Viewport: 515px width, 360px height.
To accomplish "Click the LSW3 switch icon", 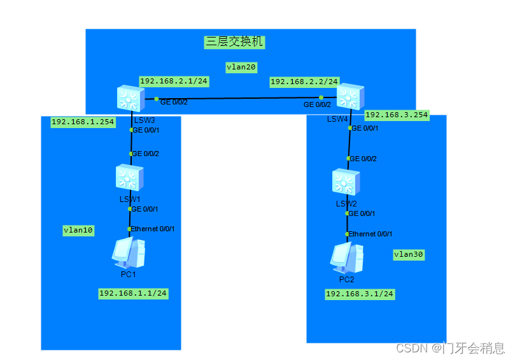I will pos(131,99).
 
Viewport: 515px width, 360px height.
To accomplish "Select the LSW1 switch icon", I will pos(130,177).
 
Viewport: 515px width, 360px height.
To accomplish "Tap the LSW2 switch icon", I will pos(346,182).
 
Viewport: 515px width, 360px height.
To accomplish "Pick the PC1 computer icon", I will pos(129,253).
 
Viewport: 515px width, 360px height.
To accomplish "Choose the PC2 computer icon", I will pos(346,257).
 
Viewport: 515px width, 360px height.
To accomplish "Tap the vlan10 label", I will pos(78,231).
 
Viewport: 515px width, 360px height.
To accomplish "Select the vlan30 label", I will pos(409,254).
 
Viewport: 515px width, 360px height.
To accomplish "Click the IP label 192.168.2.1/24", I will pos(174,81).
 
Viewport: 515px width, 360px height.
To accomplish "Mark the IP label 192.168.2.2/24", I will pos(304,82).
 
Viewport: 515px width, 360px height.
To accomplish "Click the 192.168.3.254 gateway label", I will pos(397,115).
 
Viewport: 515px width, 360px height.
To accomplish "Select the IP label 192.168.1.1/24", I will pos(133,293).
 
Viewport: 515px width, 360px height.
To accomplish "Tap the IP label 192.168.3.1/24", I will pos(360,294).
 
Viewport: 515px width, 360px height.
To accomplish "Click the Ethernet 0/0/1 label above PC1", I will pos(153,229).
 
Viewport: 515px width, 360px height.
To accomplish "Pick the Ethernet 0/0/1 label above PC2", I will pos(370,234).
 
